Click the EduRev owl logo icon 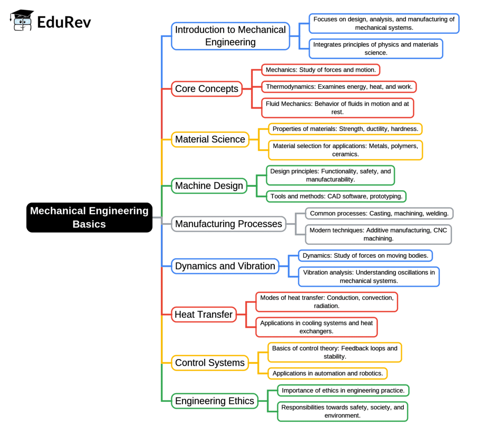point(22,20)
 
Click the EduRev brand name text point(65,22)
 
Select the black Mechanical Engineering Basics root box point(89,217)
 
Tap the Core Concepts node point(206,89)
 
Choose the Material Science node point(210,139)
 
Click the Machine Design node point(209,186)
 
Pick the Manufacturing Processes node point(228,223)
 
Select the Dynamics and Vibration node point(225,266)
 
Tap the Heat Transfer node point(204,314)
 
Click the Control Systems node point(210,363)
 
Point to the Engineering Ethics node point(215,401)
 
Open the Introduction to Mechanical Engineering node point(230,36)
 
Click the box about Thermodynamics point(339,87)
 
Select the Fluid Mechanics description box point(337,108)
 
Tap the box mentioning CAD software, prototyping point(336,196)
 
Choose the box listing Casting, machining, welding point(379,213)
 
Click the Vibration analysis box point(368,277)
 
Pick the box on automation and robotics point(327,373)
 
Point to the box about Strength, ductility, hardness point(345,129)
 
